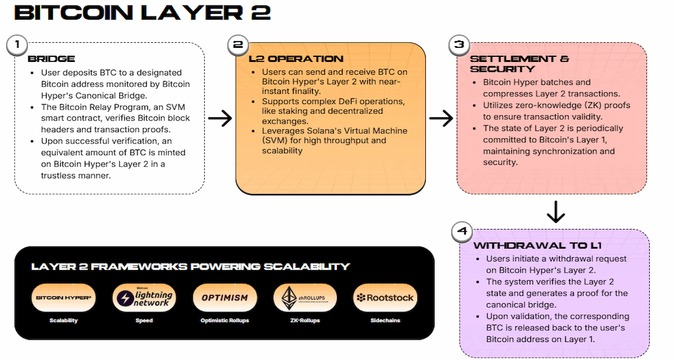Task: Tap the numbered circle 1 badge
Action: [17, 45]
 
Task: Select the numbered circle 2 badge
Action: [238, 45]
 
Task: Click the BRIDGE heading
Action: [51, 59]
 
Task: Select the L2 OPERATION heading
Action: [296, 59]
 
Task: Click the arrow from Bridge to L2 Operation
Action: [219, 119]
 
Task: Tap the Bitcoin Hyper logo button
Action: [64, 298]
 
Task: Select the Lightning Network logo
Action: [144, 298]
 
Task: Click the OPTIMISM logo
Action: [224, 298]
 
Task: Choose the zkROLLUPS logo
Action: [305, 298]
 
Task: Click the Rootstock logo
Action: [385, 298]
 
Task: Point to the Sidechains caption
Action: [385, 321]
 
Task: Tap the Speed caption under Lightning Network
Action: [144, 321]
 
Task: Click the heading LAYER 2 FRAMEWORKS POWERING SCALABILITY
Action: [191, 267]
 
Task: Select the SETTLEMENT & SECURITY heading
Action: [519, 64]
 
